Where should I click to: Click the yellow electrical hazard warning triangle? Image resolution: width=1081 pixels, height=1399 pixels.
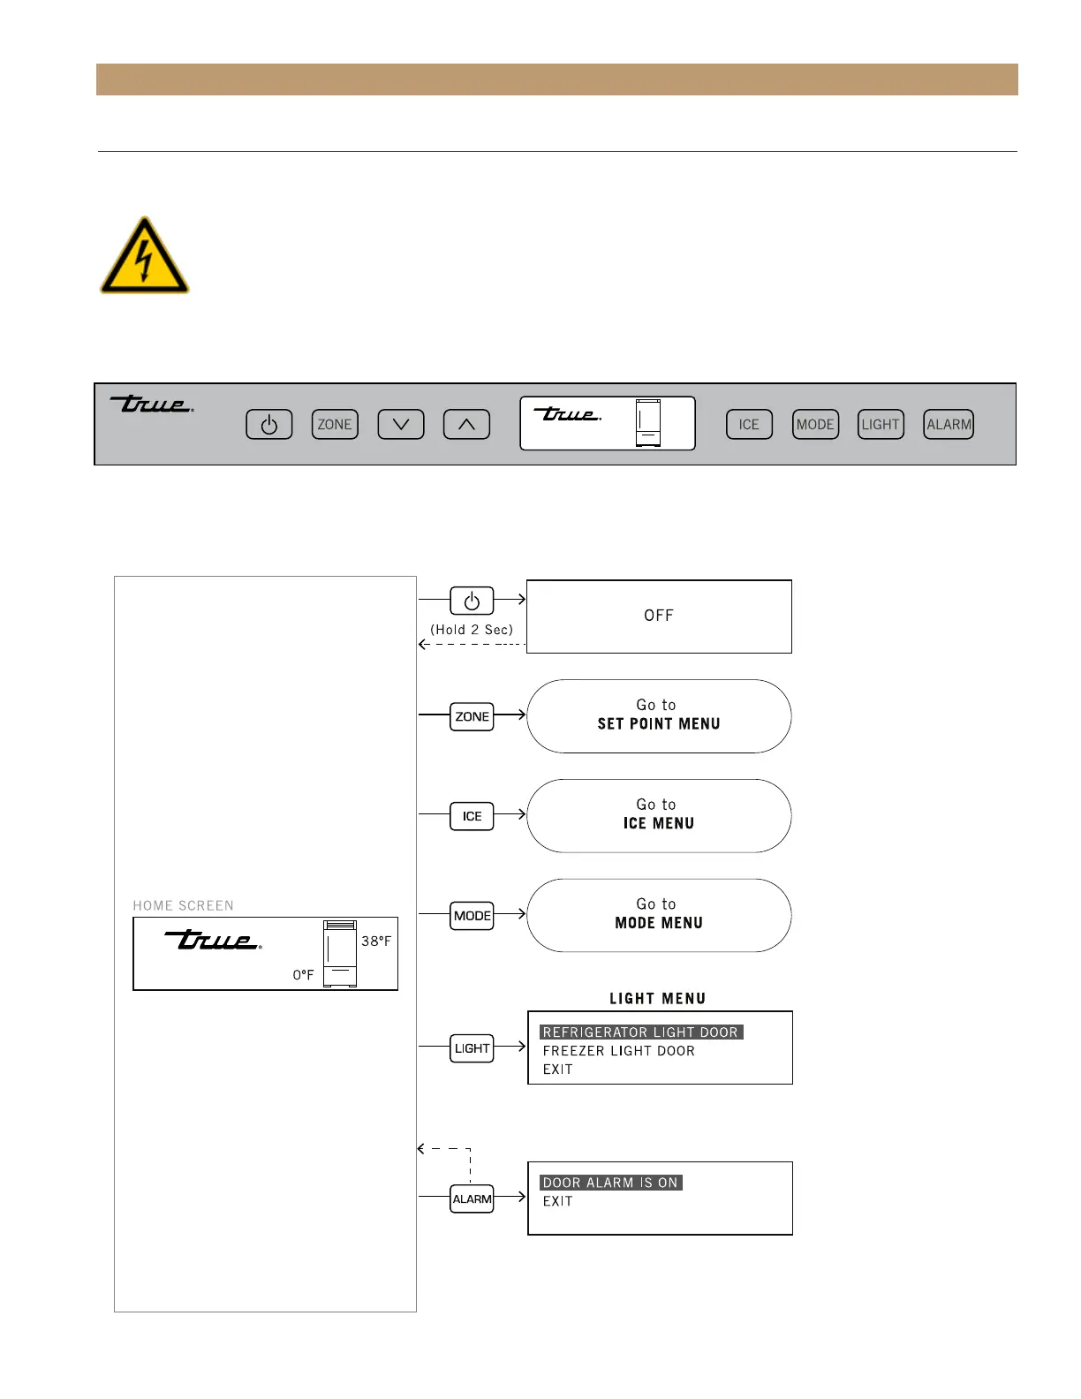145,258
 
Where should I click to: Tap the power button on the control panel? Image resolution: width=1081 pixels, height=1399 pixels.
269,425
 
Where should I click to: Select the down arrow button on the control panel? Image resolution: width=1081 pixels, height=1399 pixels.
401,425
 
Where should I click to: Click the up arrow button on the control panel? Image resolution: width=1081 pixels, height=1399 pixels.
466,425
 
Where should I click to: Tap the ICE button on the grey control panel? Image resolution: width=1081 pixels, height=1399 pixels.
749,425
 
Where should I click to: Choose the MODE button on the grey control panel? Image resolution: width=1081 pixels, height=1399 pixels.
815,425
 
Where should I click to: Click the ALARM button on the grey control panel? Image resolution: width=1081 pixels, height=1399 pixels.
949,425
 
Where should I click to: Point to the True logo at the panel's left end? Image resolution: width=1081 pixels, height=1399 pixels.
152,405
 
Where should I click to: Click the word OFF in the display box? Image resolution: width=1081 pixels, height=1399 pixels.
659,616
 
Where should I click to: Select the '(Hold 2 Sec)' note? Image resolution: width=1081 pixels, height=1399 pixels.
472,630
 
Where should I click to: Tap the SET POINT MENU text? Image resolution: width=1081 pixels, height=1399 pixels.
659,724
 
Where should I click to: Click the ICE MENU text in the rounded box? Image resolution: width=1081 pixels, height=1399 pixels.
659,824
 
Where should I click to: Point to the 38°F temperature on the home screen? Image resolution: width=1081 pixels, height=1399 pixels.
376,941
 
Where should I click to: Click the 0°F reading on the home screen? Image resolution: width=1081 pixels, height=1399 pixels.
304,975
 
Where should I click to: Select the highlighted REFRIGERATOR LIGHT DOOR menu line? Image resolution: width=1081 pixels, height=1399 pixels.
641,1032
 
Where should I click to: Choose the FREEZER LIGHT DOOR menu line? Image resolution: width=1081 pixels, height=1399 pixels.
619,1051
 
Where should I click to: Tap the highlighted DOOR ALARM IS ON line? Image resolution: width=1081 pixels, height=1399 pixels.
611,1183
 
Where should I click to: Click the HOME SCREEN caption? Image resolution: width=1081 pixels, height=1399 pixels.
184,906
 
